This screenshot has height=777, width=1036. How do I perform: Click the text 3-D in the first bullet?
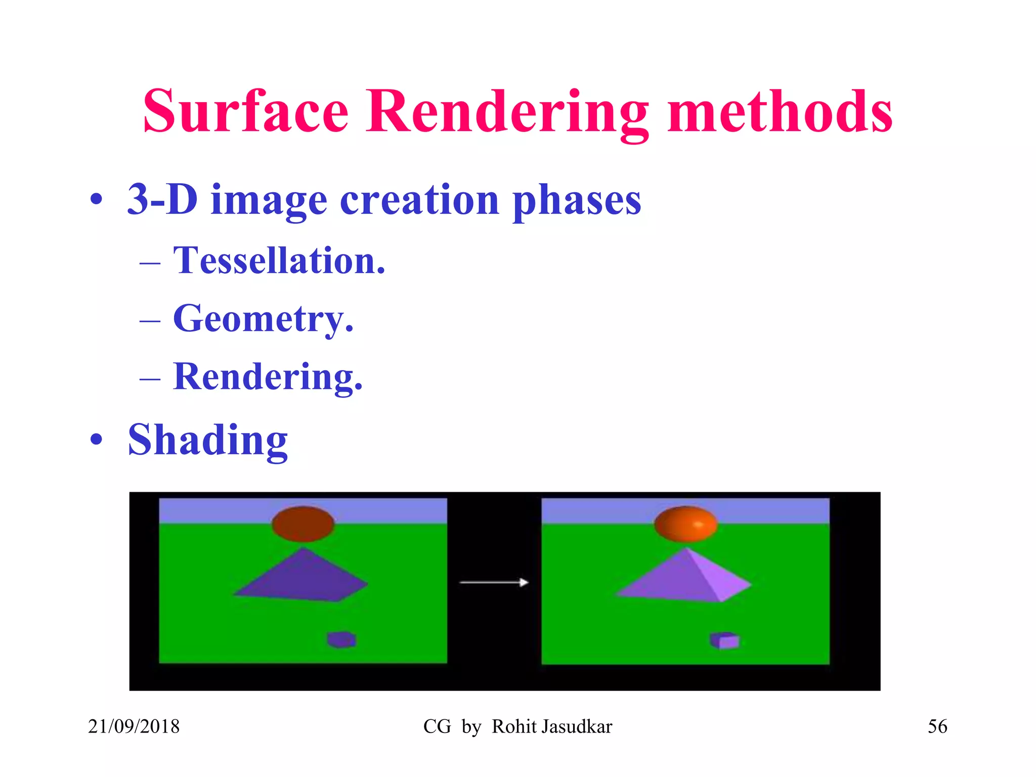coord(162,199)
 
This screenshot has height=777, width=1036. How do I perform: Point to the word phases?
coord(577,201)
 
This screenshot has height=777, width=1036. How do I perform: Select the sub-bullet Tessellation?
coord(279,261)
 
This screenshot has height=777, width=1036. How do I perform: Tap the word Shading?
coord(207,440)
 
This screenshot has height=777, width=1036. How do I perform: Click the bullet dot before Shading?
coord(96,440)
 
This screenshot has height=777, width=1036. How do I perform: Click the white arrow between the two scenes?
coord(494,583)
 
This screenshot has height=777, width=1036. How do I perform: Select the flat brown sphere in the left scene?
coord(303,524)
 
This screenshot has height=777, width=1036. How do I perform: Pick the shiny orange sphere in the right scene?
coord(685,524)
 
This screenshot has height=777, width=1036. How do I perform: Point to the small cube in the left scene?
coord(341,639)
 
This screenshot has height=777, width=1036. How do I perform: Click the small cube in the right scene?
coord(724,640)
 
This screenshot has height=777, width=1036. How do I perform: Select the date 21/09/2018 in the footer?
coord(134,726)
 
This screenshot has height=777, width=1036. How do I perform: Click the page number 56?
coord(937,726)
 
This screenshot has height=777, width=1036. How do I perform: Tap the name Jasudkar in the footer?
coord(577,726)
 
